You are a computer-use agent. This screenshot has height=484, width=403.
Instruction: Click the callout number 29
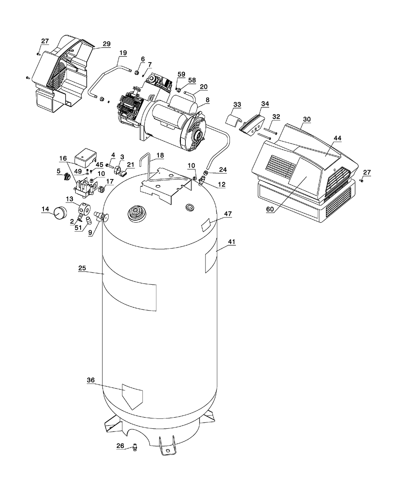click(x=106, y=44)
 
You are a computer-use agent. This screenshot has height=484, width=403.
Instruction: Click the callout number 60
click(x=270, y=209)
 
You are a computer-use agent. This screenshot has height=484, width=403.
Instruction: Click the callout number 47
click(x=228, y=213)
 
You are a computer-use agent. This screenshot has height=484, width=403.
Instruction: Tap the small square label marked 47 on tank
click(x=206, y=225)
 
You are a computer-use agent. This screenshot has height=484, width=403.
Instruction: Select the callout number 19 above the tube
click(x=123, y=53)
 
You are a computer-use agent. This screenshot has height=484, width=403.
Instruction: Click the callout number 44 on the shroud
click(x=337, y=138)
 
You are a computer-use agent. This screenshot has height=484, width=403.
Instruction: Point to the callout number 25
click(x=82, y=268)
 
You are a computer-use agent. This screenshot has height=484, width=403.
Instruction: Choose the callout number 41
click(x=232, y=242)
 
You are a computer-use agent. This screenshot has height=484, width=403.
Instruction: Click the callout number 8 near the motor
click(x=207, y=100)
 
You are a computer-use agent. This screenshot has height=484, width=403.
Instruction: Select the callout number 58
click(x=192, y=80)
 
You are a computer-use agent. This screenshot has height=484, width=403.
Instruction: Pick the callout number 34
click(x=265, y=104)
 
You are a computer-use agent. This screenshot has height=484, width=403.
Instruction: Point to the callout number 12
click(x=222, y=184)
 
